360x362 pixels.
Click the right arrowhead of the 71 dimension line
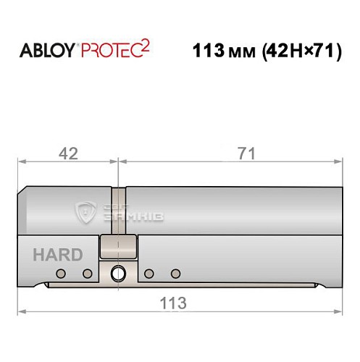click(339, 164)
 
